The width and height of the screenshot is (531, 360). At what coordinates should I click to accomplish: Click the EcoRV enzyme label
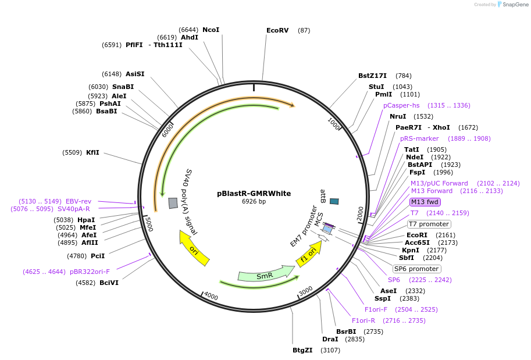(x=277, y=30)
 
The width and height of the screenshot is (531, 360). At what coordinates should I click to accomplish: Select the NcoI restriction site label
(x=211, y=30)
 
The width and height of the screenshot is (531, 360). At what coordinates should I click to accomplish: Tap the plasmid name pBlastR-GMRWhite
(x=254, y=194)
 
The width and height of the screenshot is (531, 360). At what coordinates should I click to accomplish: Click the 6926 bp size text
(x=254, y=202)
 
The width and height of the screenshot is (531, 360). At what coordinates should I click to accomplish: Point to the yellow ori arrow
(x=194, y=248)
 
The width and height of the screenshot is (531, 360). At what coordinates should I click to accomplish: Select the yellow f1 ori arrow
(x=309, y=254)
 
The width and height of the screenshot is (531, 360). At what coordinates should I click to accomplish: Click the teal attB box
(x=334, y=201)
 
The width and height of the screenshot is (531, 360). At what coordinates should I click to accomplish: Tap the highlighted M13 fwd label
(x=425, y=202)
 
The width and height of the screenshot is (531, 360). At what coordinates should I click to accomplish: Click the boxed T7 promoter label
(x=429, y=224)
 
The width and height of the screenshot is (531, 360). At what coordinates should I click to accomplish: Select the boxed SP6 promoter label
(x=416, y=269)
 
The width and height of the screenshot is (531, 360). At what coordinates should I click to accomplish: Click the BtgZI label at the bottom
(x=302, y=350)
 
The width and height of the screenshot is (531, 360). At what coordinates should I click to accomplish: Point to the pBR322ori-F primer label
(x=90, y=272)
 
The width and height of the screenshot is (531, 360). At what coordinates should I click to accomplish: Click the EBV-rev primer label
(x=78, y=201)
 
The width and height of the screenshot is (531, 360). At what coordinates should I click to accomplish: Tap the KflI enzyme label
(x=92, y=152)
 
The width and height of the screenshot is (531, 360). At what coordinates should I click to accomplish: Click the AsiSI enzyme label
(x=135, y=74)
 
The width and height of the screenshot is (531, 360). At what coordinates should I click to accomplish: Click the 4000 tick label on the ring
(x=211, y=297)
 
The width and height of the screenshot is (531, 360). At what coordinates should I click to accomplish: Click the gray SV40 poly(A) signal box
(x=173, y=203)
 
